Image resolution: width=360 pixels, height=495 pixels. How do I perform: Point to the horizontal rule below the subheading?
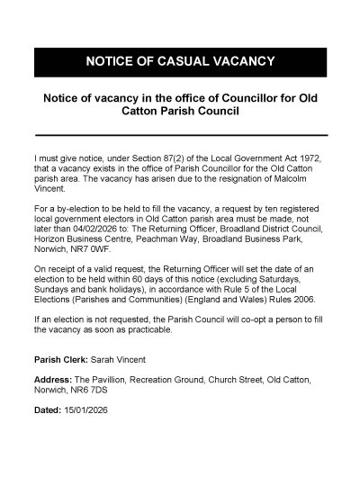(x=179, y=136)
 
